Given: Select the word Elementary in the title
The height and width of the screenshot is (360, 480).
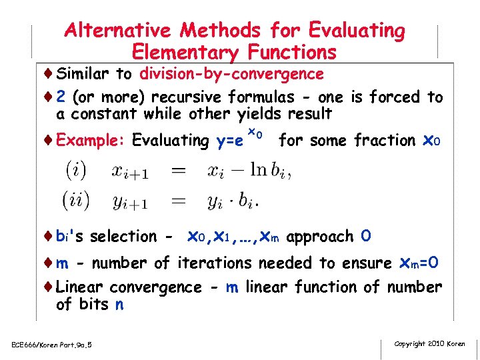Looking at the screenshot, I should tap(187, 51).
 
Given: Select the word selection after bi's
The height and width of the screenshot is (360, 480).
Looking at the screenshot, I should tap(123, 237).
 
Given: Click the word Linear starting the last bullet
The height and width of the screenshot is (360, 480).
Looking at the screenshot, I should tap(81, 287).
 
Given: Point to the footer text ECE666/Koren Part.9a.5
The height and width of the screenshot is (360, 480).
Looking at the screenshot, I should tap(51, 344).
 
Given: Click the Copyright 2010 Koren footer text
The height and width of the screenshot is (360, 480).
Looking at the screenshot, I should tap(429, 343).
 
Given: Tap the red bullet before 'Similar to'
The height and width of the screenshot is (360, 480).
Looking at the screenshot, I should tap(49, 73).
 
